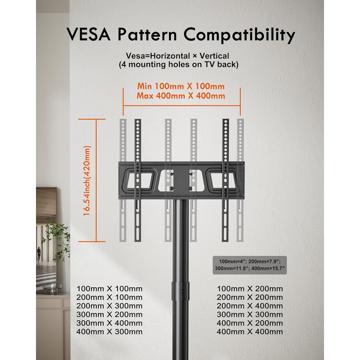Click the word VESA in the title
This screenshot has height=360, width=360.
tap(89, 34)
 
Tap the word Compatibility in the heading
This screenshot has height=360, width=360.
tap(239, 35)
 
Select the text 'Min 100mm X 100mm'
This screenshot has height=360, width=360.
tap(181, 86)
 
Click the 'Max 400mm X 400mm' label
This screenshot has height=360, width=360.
tap(181, 96)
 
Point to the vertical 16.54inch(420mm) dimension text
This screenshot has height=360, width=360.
tap(87, 181)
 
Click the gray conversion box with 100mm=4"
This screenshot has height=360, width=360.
tap(250, 265)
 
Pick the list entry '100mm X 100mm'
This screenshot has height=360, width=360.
tap(110, 289)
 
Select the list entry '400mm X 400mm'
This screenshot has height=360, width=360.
tap(250, 332)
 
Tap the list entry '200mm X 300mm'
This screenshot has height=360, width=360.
tap(110, 306)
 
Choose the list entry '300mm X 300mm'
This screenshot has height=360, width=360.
tap(250, 314)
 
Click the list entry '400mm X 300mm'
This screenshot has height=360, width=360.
tap(110, 332)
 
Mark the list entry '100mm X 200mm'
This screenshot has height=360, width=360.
tap(250, 289)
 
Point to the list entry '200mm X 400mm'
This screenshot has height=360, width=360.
tap(250, 306)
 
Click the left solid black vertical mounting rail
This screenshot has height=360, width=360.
tap(138, 180)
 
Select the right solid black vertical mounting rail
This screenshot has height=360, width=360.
tap(225, 180)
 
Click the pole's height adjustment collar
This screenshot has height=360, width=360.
tap(181, 291)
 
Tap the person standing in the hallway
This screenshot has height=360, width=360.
tap(39, 254)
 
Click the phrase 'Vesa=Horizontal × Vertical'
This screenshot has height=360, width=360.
tap(177, 56)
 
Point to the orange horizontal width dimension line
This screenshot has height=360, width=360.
tap(182, 106)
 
